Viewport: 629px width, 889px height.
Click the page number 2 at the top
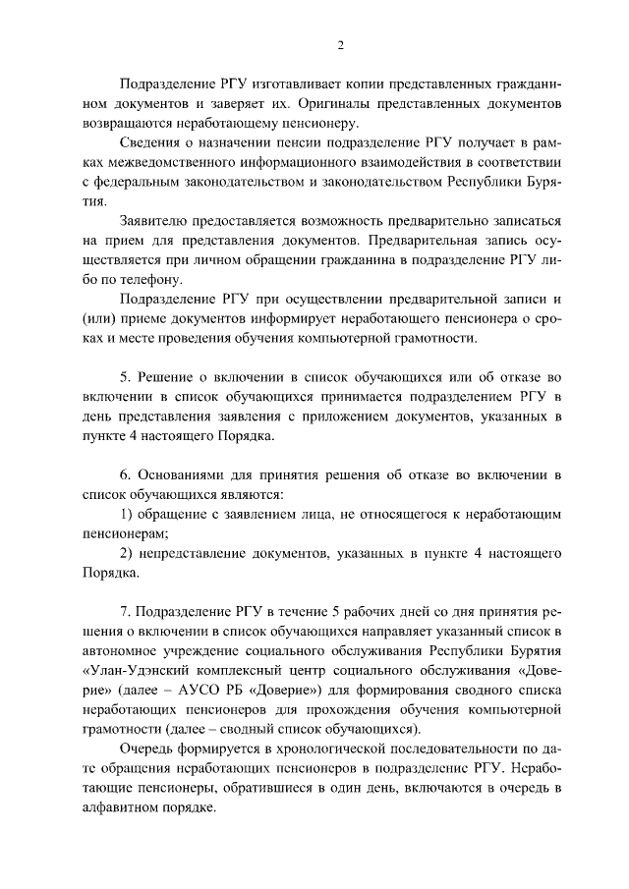tap(339, 44)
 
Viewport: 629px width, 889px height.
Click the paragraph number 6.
tap(125, 474)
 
